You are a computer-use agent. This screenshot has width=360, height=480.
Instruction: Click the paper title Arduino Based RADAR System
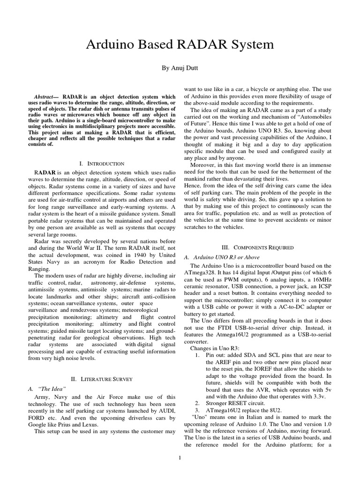coord(180,45)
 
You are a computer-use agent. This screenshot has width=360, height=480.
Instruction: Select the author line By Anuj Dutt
coord(180,68)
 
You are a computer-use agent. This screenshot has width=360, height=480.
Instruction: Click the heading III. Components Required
coord(257,247)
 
